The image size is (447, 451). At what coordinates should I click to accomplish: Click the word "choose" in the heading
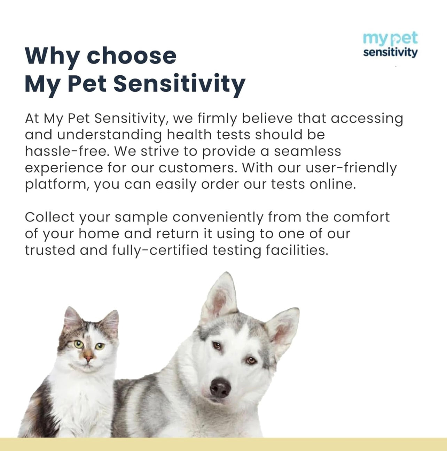tap(132, 56)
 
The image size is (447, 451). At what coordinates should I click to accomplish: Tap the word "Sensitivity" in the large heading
tap(179, 84)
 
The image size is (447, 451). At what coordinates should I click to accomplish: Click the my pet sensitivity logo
tap(390, 45)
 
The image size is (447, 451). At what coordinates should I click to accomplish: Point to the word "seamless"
tap(307, 151)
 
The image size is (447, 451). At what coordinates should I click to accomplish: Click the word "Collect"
tap(50, 217)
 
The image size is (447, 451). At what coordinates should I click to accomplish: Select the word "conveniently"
tap(218, 217)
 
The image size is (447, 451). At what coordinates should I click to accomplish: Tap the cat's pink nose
tap(88, 357)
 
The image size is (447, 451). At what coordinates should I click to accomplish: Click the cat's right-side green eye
tap(100, 346)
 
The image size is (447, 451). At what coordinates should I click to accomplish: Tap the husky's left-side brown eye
tap(217, 346)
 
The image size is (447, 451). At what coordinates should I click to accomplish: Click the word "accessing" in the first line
tap(367, 119)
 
